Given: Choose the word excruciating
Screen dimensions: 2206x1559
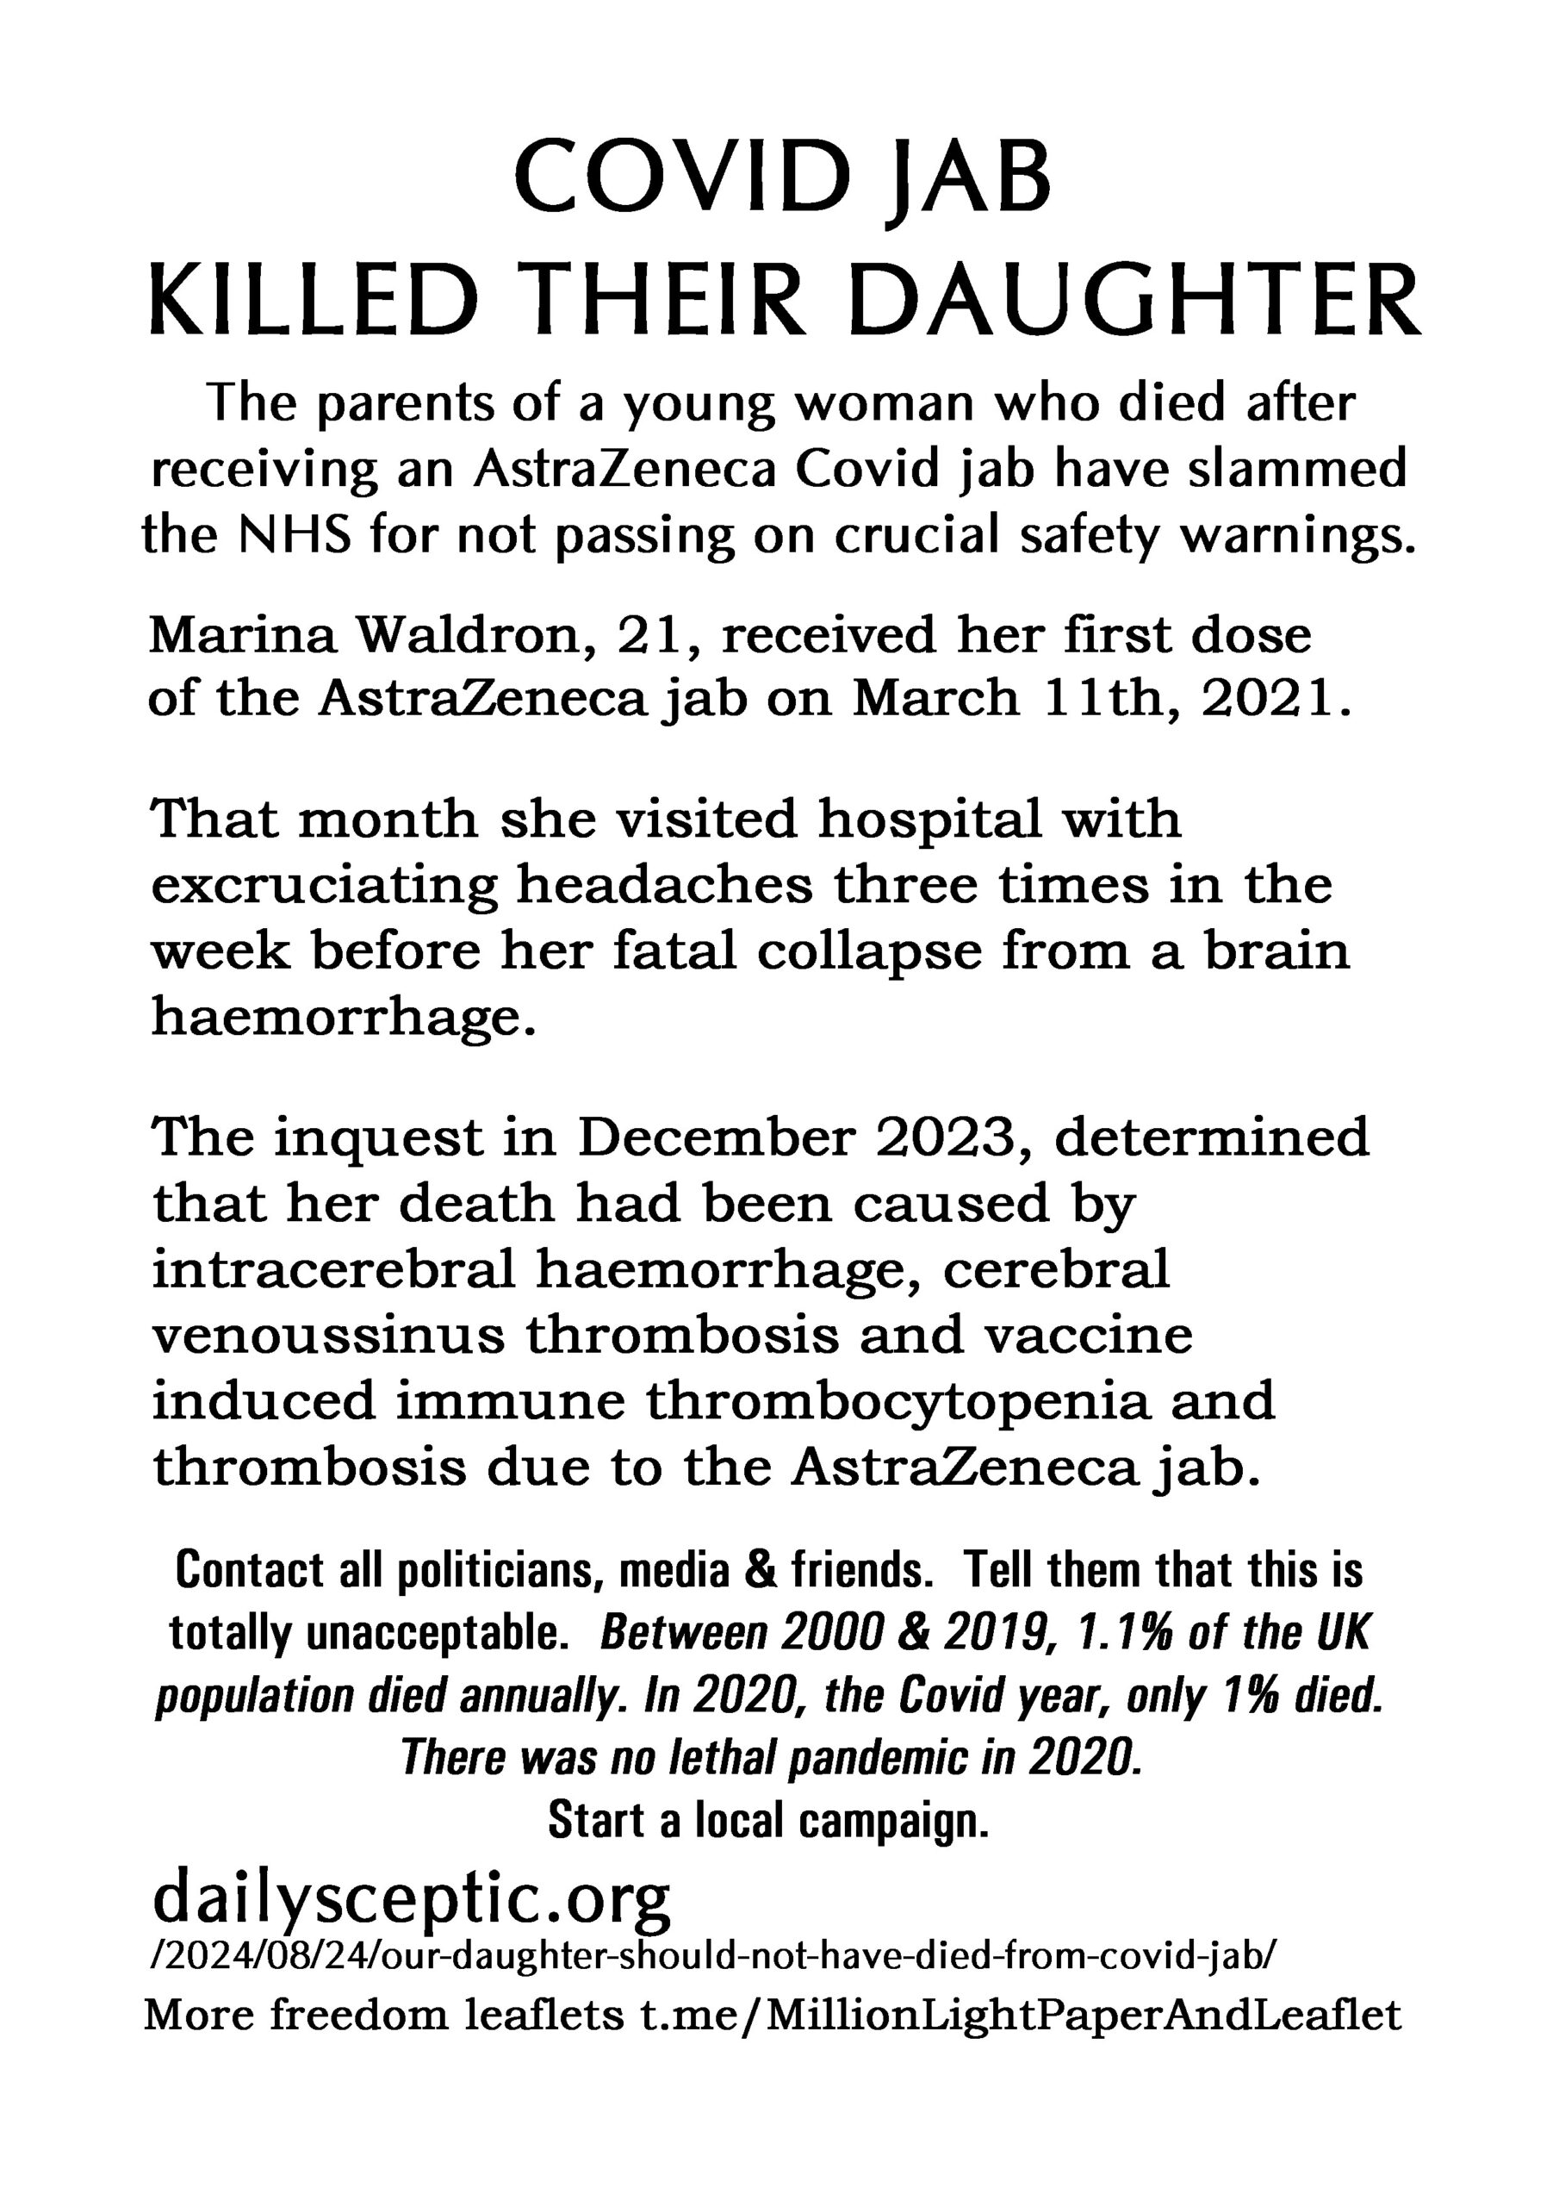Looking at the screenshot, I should click(x=324, y=887).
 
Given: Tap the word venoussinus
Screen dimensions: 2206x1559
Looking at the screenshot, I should click(x=327, y=1337).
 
